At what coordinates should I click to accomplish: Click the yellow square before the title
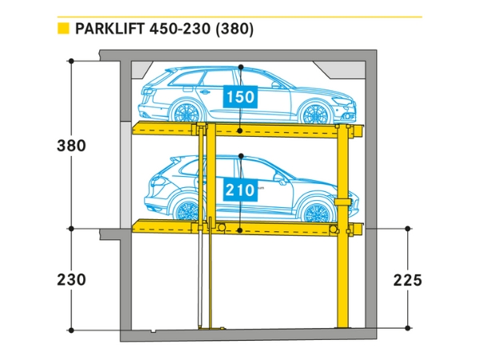click(x=62, y=30)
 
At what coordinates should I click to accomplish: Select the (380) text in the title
click(x=233, y=30)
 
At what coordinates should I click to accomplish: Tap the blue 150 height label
click(x=240, y=98)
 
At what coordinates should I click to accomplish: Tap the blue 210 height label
click(x=240, y=190)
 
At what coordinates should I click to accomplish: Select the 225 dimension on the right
click(x=407, y=280)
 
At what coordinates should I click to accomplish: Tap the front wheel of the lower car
click(x=187, y=211)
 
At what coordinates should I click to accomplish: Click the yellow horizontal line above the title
click(x=240, y=16)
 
